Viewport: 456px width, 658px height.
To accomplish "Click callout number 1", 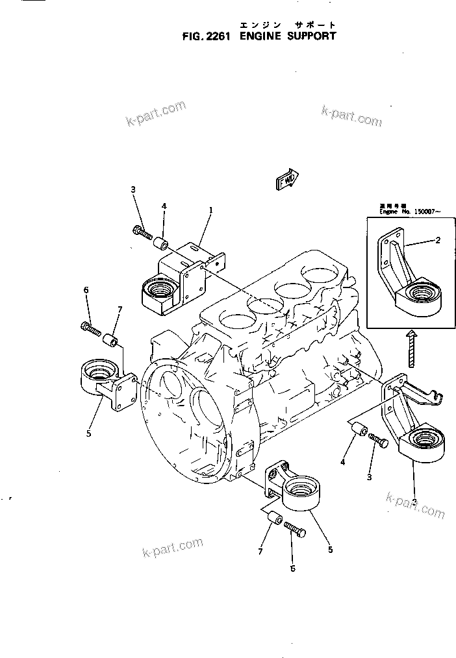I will pyautogui.click(x=211, y=210).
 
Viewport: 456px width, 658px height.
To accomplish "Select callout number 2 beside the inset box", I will pyautogui.click(x=438, y=240).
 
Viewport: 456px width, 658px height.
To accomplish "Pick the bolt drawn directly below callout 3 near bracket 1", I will pyautogui.click(x=142, y=230).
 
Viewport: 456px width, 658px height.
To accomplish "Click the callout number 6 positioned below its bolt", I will pyautogui.click(x=292, y=568).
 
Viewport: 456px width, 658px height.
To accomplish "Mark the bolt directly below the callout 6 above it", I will pyautogui.click(x=91, y=330).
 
